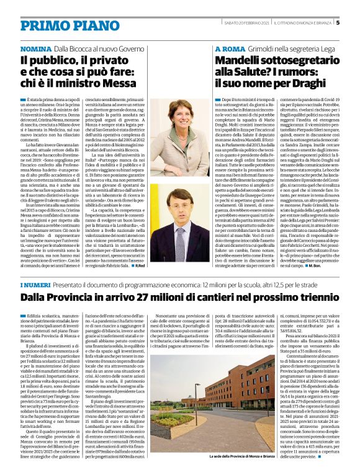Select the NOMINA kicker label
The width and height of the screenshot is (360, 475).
tap(35, 48)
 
